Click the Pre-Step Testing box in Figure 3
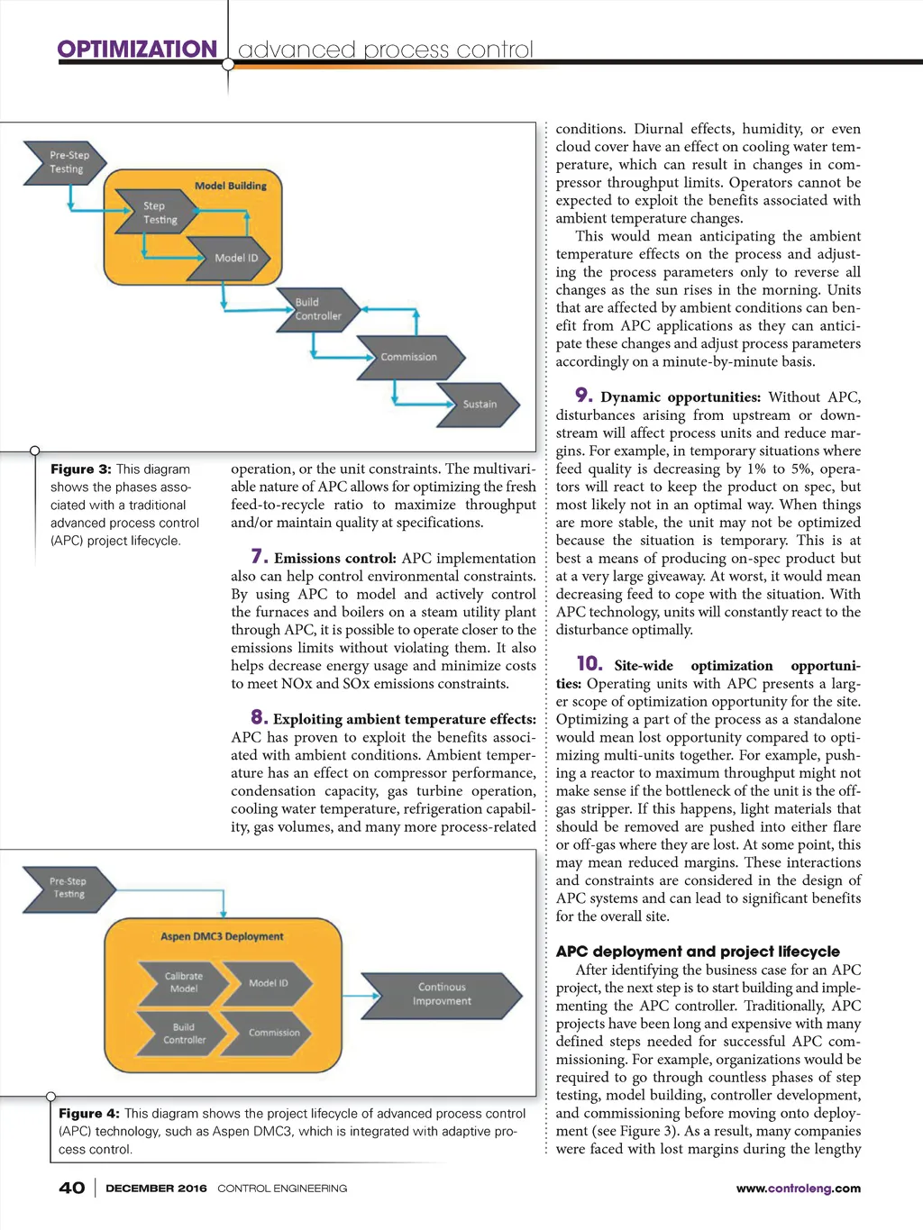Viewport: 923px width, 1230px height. pos(65,162)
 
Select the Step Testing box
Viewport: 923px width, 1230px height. pos(159,213)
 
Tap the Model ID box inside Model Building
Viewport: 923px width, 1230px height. pos(234,258)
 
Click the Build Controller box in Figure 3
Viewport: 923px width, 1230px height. pos(317,309)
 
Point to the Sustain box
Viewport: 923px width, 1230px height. pos(479,405)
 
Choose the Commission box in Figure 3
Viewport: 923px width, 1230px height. pos(408,357)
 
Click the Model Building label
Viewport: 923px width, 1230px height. pos(231,186)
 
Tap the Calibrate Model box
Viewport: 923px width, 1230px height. pos(184,982)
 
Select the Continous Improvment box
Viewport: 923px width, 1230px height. pos(442,994)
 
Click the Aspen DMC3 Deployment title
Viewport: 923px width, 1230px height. pos(222,936)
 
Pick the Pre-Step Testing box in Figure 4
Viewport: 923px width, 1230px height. pos(69,888)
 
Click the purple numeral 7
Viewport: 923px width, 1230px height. pos(259,557)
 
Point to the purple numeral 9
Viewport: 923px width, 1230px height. pos(583,395)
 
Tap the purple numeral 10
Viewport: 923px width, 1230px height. pos(589,663)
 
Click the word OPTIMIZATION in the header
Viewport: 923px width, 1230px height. pos(137,49)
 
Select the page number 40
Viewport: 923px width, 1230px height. pos(72,1188)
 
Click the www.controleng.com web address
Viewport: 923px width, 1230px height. pos(798,1189)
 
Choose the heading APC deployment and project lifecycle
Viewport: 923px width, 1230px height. pos(698,952)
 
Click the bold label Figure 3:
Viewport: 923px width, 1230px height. pos(80,469)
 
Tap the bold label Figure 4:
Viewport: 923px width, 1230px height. pos(88,1114)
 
